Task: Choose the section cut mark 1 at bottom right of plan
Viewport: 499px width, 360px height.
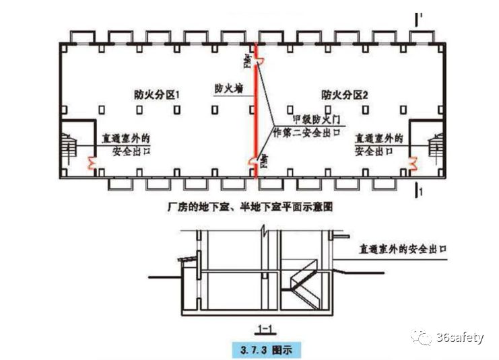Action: [x=420, y=192]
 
